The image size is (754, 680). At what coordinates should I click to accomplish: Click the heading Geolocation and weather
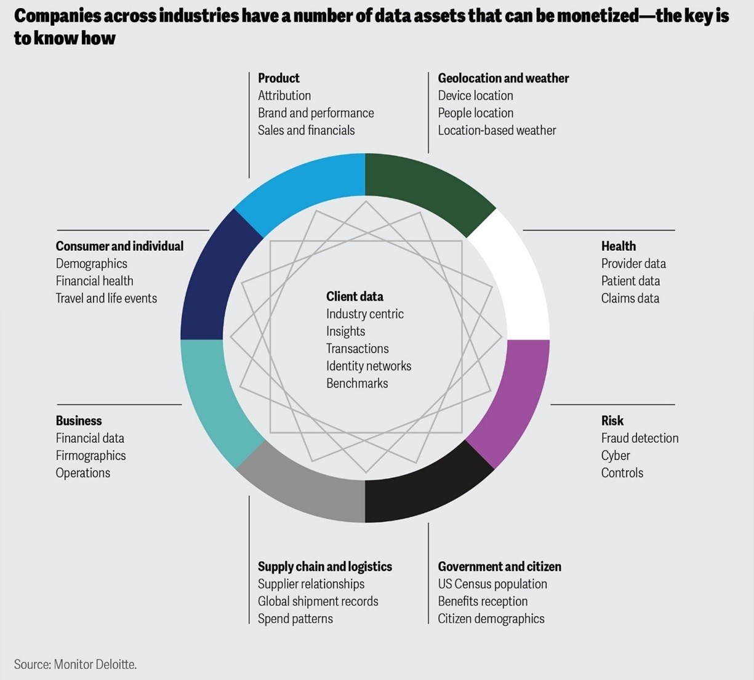pos(503,78)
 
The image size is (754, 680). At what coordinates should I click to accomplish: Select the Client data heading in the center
pos(355,296)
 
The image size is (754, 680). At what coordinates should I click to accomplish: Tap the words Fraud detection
pos(640,438)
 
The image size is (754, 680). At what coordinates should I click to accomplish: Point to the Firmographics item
pos(90,455)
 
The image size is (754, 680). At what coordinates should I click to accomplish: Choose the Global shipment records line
pos(318,601)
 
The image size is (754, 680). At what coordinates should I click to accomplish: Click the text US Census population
pos(492,584)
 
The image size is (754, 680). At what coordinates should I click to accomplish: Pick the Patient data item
pos(630,281)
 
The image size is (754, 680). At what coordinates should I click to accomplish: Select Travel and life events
pos(106,298)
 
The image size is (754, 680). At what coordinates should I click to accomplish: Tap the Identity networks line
pos(368,366)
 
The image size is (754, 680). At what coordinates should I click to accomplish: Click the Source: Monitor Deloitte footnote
pos(75,664)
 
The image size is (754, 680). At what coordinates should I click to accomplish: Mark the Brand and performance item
pos(316,113)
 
